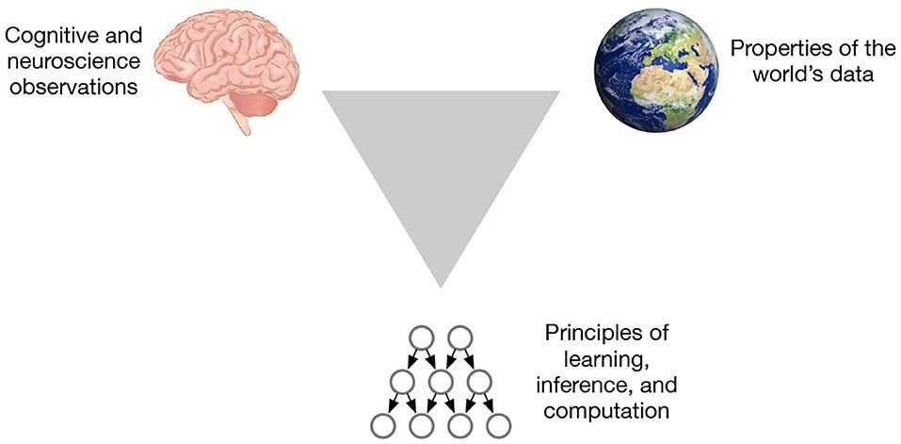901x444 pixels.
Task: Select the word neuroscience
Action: pos(59,64)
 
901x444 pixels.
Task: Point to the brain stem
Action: pos(239,120)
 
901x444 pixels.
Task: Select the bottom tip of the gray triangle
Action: pos(441,284)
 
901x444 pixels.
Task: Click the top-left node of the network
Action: pos(421,337)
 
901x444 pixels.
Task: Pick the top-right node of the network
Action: pos(459,337)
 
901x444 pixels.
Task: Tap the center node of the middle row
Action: pos(441,382)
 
